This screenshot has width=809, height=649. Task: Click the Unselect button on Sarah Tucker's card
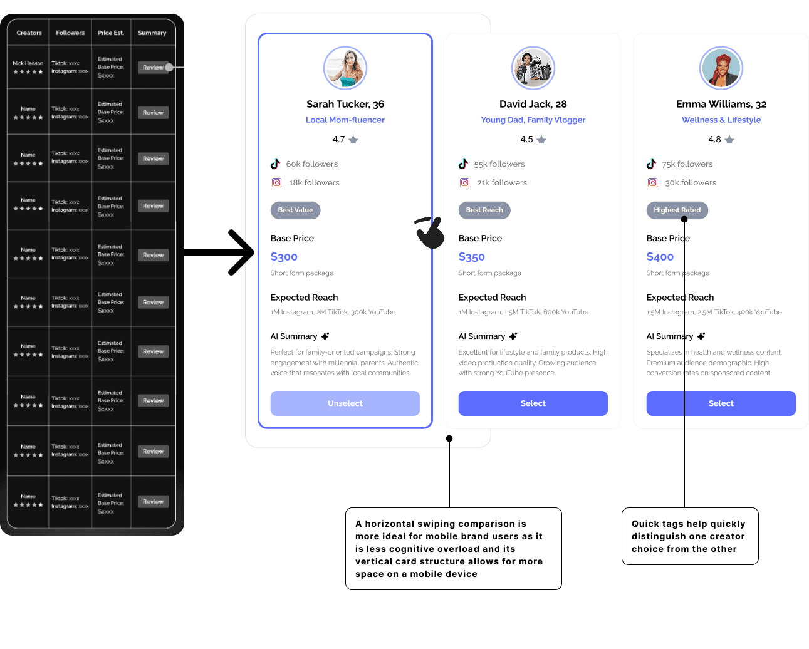pos(345,403)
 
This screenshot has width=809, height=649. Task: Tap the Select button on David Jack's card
pos(533,403)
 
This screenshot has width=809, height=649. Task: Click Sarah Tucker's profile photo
pos(345,68)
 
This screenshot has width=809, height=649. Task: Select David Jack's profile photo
pos(533,68)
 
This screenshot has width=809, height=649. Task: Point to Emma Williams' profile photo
pos(721,68)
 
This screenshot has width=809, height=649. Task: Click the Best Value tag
pos(295,210)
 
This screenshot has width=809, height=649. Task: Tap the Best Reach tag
pos(484,210)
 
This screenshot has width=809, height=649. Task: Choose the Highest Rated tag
pos(677,210)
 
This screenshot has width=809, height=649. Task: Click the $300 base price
pos(284,257)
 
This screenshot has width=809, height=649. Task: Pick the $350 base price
pos(472,257)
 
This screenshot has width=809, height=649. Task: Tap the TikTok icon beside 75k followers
pos(652,164)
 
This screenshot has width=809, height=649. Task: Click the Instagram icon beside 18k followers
pos(276,183)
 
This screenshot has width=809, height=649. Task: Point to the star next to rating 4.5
pos(541,140)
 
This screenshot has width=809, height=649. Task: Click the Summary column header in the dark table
pos(152,33)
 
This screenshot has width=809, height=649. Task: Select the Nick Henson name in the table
pos(28,63)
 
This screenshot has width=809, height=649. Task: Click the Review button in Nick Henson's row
pos(153,68)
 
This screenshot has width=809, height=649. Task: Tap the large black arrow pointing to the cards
pos(219,252)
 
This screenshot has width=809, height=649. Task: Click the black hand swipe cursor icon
pos(430,232)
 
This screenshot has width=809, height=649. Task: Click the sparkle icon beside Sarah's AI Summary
pos(325,336)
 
